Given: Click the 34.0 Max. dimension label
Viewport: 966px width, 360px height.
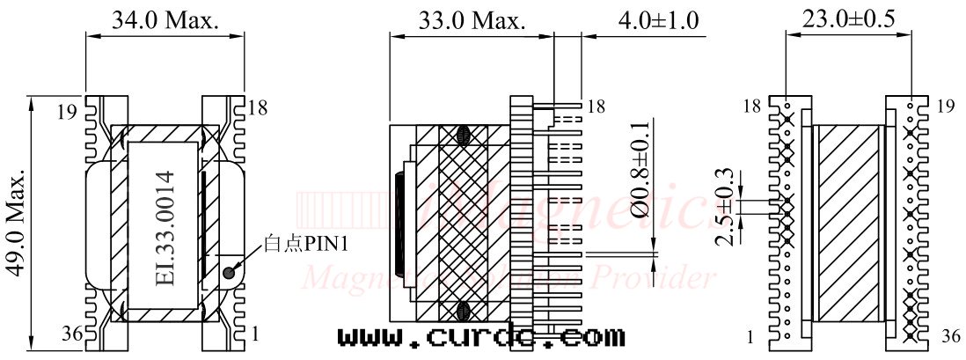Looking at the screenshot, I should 165,20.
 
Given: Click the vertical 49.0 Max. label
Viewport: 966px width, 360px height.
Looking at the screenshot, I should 15,224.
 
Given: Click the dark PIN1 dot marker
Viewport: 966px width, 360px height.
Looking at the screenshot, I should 230,273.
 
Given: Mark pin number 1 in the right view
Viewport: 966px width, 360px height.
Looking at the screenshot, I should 749,335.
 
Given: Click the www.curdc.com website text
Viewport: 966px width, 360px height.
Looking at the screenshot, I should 481,336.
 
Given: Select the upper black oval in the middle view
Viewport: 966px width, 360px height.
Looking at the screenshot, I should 464,135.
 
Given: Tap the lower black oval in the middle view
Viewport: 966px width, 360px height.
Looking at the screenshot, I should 464,311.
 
